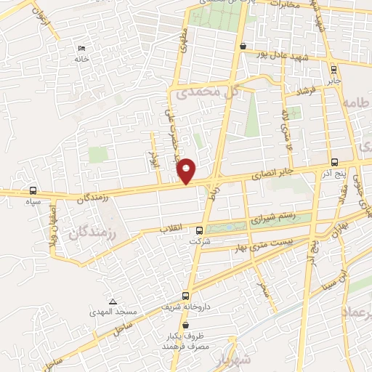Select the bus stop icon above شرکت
[199, 230]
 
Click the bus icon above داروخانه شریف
[185, 296]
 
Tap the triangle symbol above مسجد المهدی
[112, 302]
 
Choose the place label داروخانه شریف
[186, 307]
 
